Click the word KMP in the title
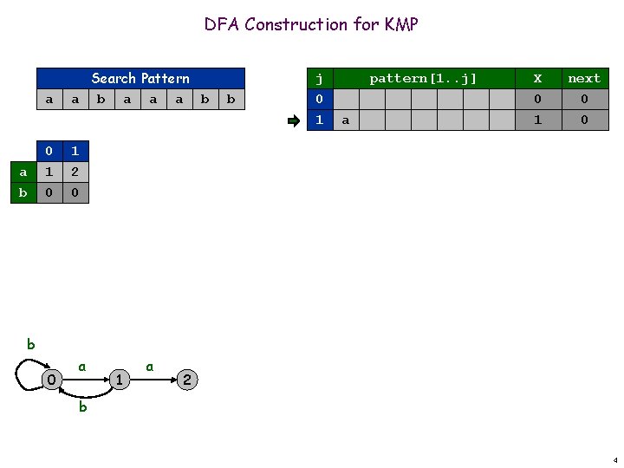(x=401, y=24)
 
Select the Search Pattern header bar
(x=140, y=78)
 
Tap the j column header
(x=320, y=78)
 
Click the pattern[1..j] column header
(x=423, y=78)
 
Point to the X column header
(x=537, y=78)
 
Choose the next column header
(x=583, y=78)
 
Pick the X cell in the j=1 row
(x=537, y=120)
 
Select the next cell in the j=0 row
(x=583, y=100)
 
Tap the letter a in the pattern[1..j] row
(x=346, y=120)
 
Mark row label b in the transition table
(x=23, y=192)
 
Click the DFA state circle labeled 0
(x=52, y=379)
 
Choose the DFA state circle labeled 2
(x=186, y=379)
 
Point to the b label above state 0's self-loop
(x=30, y=344)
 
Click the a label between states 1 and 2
(x=150, y=367)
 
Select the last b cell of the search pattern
(x=231, y=100)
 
